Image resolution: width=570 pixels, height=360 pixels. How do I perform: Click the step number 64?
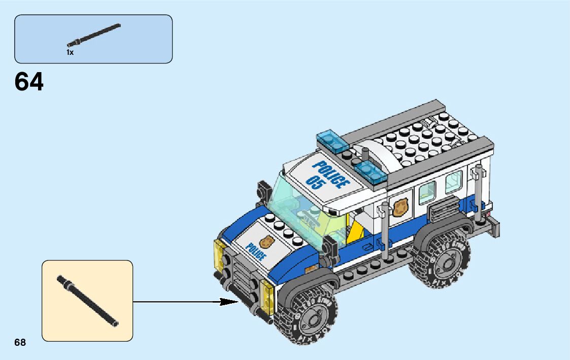(x=29, y=82)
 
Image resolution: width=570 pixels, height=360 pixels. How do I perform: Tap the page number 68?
(x=20, y=343)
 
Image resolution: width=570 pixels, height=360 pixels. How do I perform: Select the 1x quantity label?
(x=70, y=52)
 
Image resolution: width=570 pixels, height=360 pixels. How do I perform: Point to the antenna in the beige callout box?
(x=87, y=301)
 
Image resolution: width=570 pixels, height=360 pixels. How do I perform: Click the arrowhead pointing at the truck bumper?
(x=229, y=302)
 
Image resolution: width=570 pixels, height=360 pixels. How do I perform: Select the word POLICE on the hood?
(x=255, y=250)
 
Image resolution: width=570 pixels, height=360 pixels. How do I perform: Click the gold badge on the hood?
(x=266, y=241)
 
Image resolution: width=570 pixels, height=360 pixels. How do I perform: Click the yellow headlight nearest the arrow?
(x=266, y=297)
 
